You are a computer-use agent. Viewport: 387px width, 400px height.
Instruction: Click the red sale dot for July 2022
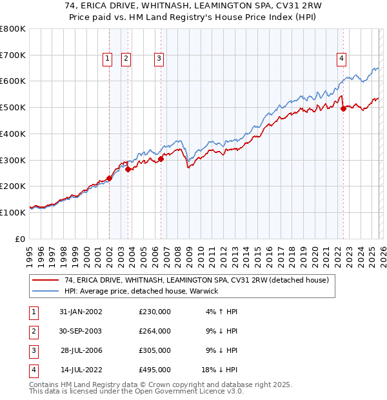click(343, 108)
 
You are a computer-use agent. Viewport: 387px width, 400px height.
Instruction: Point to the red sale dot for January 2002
click(110, 179)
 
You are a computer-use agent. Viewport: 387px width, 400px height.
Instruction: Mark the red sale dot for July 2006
click(161, 159)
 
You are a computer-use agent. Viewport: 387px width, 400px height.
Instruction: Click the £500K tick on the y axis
click(12, 108)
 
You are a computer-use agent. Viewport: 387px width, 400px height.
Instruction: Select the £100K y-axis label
click(12, 212)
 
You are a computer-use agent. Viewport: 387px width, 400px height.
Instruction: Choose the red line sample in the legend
click(46, 280)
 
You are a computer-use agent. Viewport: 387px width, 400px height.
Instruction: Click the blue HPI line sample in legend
click(46, 291)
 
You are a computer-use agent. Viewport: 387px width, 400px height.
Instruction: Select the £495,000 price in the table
click(154, 370)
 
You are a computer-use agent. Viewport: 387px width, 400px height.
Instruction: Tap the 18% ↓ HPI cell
click(220, 370)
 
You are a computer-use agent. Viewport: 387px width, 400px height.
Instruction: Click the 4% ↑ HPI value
click(220, 312)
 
